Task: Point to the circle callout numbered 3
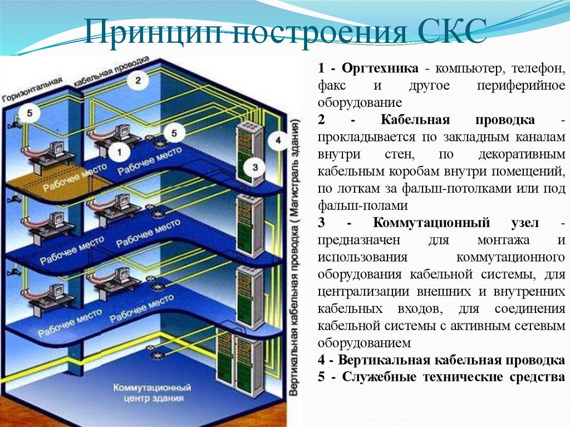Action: pyautogui.click(x=255, y=166)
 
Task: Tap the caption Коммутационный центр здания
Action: pyautogui.click(x=151, y=392)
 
